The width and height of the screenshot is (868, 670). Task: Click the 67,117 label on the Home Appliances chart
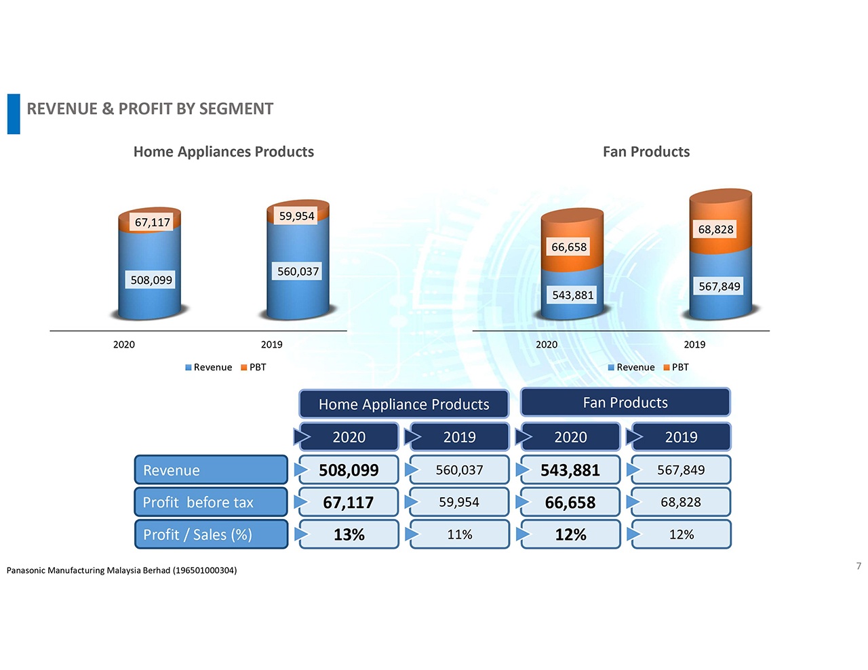pos(153,222)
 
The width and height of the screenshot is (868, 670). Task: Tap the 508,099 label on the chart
pos(151,280)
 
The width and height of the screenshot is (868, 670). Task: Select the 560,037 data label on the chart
pos(298,271)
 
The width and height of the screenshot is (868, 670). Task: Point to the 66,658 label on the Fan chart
pos(569,247)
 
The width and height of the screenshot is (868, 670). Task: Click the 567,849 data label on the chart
pos(719,286)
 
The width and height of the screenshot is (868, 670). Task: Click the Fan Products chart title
pos(646,152)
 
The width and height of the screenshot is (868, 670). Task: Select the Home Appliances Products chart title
pos(224,152)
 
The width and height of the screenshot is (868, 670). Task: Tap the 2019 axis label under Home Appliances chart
pos(271,344)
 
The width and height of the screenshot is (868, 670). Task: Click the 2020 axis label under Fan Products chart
pos(547,344)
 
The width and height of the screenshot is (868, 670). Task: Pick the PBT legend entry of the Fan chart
pos(676,367)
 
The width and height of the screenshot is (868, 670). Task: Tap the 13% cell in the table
pos(349,535)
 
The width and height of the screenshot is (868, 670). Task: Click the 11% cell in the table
pos(459,535)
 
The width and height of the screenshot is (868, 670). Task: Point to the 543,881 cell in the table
pos(570,470)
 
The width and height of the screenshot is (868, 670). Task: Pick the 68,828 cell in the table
pos(681,502)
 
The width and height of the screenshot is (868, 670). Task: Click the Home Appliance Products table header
pos(403,404)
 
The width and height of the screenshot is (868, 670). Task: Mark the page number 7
pos(859,566)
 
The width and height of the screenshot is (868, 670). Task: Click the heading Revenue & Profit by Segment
pos(150,109)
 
